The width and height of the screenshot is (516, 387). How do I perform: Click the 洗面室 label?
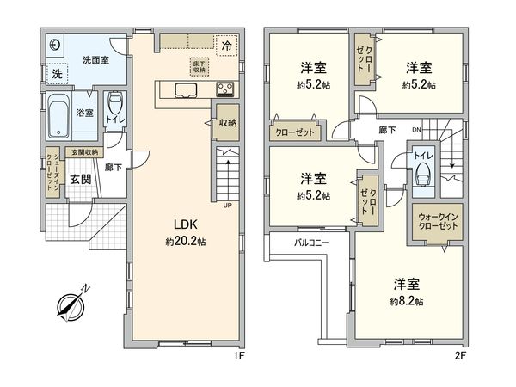pyautogui.click(x=95, y=61)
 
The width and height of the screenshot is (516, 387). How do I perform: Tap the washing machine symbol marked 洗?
pyautogui.click(x=56, y=75)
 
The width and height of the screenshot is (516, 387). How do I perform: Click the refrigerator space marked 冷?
pyautogui.click(x=226, y=45)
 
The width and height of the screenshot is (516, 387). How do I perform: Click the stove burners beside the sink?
pyautogui.click(x=225, y=89)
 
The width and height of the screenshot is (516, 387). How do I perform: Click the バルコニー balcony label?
pyautogui.click(x=311, y=243)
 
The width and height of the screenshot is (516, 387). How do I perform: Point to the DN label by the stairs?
pyautogui.click(x=417, y=130)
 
